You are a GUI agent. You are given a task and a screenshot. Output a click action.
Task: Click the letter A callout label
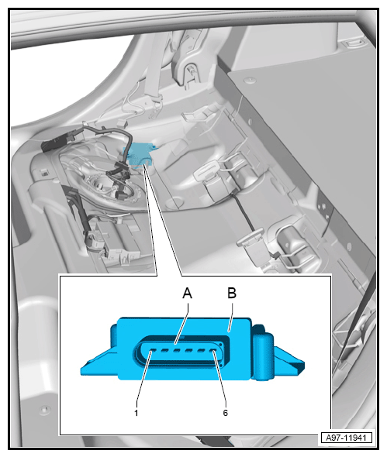click(188, 293)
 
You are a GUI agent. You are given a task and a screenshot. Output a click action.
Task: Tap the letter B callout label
click(232, 293)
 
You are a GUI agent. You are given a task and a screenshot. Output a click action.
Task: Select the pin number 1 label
click(136, 413)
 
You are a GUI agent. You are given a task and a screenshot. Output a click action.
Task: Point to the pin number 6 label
click(226, 413)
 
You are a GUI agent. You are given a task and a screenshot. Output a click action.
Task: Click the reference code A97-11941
click(346, 438)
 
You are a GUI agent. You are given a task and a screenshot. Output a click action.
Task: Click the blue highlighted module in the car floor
click(138, 155)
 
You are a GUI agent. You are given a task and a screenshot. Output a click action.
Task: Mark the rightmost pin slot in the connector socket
click(214, 351)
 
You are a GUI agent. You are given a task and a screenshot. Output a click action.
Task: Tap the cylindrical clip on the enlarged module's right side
click(263, 356)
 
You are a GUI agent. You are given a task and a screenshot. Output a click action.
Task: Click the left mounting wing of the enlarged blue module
click(99, 362)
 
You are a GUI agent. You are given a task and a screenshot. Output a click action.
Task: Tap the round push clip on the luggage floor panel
click(249, 79)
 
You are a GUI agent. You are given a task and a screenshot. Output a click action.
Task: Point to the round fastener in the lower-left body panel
click(44, 409)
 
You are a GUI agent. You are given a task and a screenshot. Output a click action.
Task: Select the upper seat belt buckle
click(208, 170)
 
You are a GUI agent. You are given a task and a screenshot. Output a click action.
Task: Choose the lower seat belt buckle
click(251, 237)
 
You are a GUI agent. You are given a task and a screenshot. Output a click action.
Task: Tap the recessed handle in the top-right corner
click(354, 43)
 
